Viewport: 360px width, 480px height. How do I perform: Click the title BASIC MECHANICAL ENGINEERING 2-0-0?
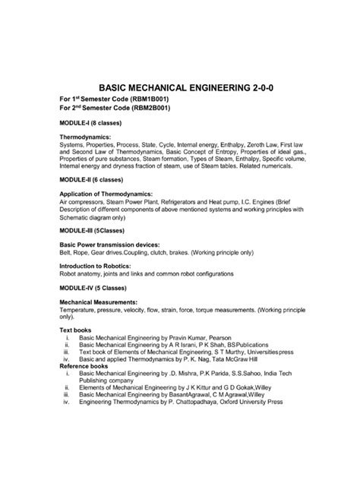pos(179,89)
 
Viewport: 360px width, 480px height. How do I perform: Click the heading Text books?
pos(75,330)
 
